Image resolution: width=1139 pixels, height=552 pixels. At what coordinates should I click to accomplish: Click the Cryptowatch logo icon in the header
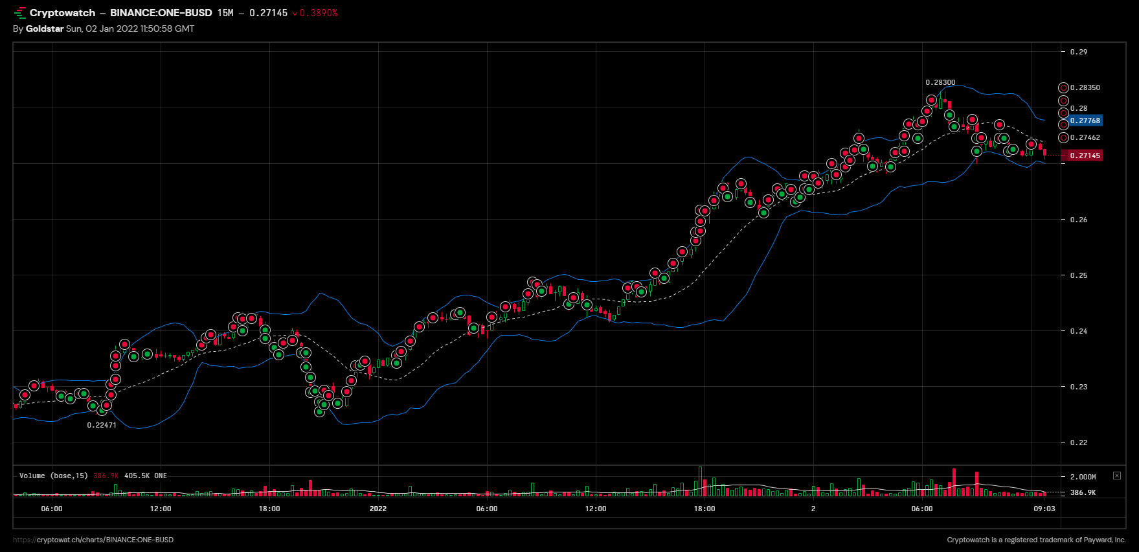[x=19, y=13]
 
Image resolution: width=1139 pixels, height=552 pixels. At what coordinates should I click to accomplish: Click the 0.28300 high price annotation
[x=940, y=82]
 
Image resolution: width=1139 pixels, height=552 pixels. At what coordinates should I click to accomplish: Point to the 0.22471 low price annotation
[x=102, y=425]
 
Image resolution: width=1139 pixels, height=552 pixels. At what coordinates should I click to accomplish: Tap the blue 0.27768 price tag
[x=1085, y=121]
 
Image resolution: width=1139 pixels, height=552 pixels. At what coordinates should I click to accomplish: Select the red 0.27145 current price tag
[x=1085, y=155]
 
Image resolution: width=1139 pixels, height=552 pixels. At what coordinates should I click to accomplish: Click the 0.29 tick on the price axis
[x=1079, y=52]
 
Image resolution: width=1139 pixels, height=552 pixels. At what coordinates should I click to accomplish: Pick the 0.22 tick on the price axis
[x=1079, y=443]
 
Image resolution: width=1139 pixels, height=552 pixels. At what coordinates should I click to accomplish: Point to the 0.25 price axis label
[x=1079, y=275]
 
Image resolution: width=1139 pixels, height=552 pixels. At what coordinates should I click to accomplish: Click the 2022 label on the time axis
[x=378, y=509]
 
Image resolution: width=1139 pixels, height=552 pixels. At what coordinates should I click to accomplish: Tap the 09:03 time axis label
[x=1044, y=509]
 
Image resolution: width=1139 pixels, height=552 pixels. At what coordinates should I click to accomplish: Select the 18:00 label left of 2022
[x=269, y=509]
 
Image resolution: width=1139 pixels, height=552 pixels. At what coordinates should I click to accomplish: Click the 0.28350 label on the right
[x=1085, y=87]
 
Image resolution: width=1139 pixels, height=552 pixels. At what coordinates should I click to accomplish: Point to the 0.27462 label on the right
[x=1085, y=137]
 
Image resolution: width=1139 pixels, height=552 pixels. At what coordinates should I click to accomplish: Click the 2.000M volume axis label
[x=1083, y=477]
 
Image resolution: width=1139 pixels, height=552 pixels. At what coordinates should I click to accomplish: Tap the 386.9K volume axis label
[x=1083, y=492]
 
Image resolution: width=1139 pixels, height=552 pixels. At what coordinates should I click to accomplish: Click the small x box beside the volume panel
[x=1117, y=476]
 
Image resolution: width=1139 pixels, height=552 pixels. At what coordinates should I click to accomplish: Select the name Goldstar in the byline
[x=45, y=29]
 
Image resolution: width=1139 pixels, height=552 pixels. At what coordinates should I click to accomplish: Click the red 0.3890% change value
[x=319, y=13]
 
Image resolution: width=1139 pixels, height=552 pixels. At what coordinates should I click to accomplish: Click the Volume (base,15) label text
[x=53, y=476]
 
